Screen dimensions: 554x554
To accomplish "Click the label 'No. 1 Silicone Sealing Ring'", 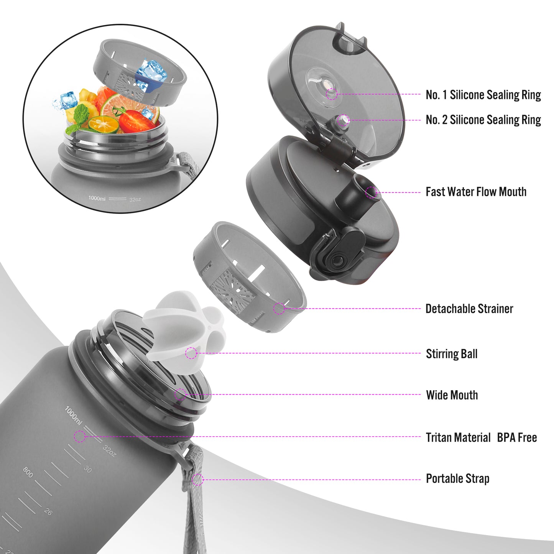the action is [483, 95].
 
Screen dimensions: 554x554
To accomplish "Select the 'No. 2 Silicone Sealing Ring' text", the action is [483, 120].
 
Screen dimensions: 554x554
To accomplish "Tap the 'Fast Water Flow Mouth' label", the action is [476, 192].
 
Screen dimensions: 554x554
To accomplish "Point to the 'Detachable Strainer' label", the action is [469, 309].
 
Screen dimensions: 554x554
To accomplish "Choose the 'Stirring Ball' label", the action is [451, 353].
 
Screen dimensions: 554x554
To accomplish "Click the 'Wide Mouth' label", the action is [452, 395].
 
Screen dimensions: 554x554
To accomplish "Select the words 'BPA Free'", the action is [517, 437].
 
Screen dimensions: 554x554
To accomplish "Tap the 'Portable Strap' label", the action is [457, 479].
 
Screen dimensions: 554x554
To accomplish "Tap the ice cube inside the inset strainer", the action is [151, 75].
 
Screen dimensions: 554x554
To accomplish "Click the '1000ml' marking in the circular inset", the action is [97, 198].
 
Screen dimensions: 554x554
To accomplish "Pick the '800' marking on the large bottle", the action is [28, 472].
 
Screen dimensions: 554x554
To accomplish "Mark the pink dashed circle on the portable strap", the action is [198, 480].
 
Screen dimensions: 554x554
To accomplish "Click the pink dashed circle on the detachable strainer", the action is [279, 309].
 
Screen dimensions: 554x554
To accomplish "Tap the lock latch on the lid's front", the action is [339, 253].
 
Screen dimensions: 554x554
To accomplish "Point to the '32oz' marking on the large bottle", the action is [109, 451].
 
